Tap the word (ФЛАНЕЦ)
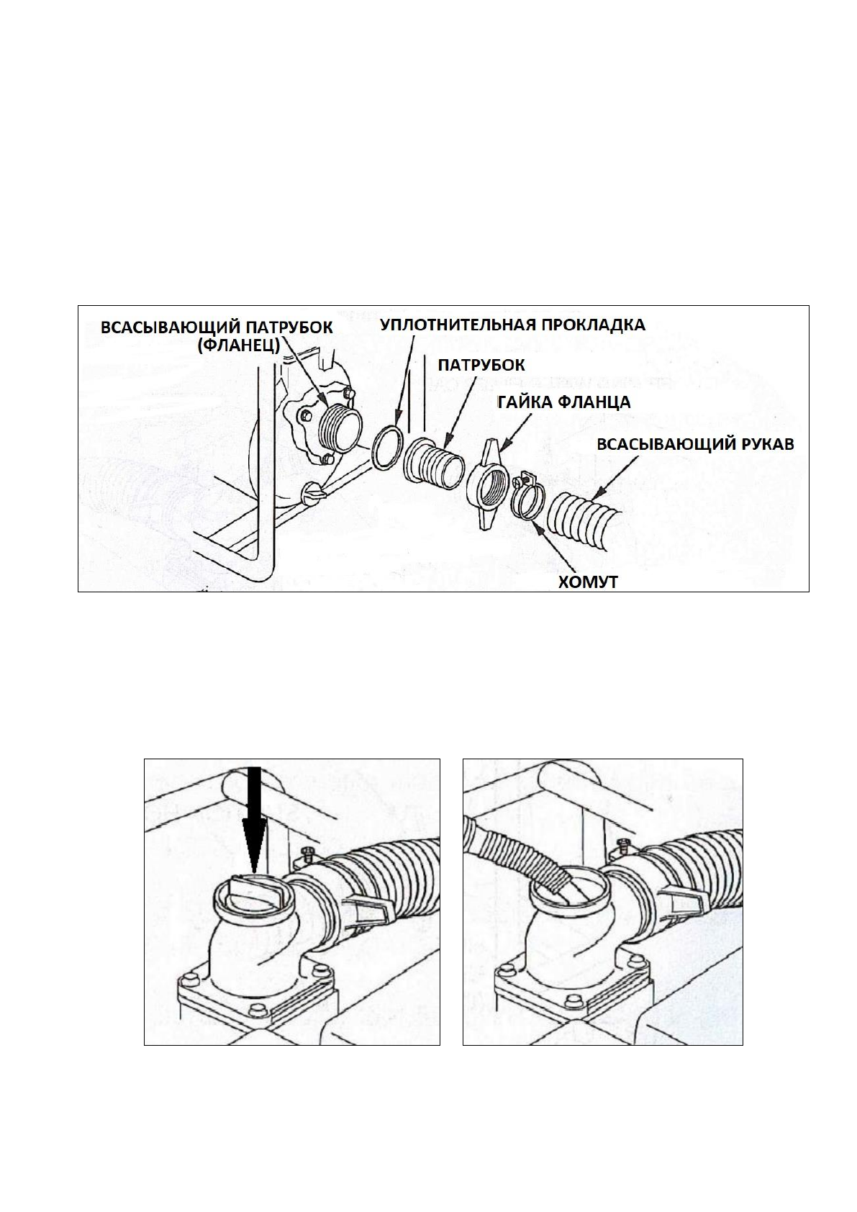coord(239,347)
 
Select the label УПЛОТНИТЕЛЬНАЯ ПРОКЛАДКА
coord(512,325)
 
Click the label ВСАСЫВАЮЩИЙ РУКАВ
coord(697,444)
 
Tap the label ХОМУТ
coord(589,582)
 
